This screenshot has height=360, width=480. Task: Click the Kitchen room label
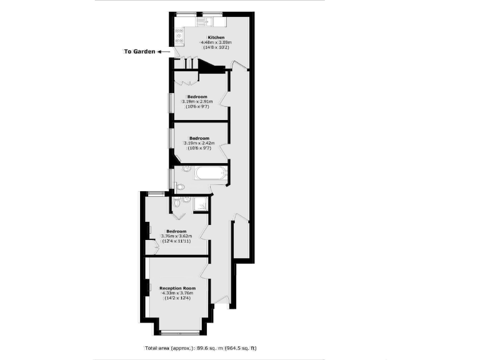click(x=207, y=37)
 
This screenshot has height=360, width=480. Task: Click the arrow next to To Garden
click(x=162, y=52)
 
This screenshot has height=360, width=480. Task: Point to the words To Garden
click(x=139, y=52)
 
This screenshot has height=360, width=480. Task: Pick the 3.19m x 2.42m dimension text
click(x=199, y=142)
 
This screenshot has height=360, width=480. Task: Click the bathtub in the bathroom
click(x=210, y=172)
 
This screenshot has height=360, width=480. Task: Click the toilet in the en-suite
click(x=177, y=203)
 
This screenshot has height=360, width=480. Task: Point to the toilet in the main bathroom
click(x=179, y=186)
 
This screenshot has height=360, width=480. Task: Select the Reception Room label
click(x=177, y=288)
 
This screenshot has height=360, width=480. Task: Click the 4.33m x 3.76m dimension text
click(x=177, y=293)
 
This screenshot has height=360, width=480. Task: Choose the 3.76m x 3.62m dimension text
click(x=176, y=236)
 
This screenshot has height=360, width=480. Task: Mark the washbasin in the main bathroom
click(x=186, y=170)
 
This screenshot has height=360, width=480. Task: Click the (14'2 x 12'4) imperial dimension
click(x=177, y=298)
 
